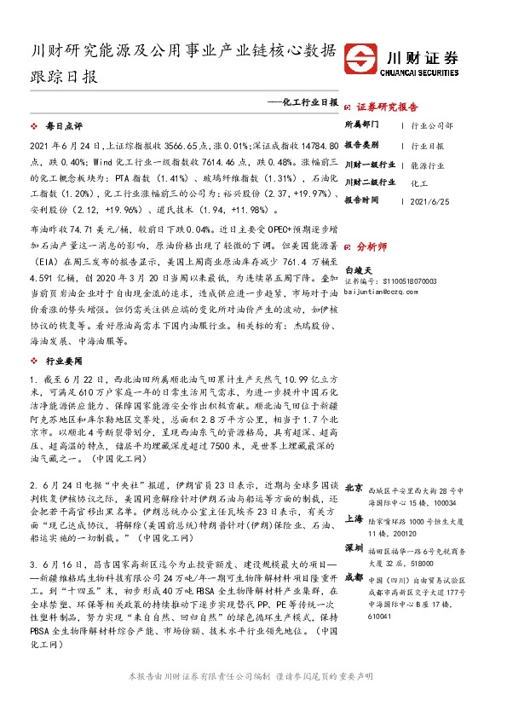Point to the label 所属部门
tap(361, 125)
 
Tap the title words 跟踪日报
tap(64, 75)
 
